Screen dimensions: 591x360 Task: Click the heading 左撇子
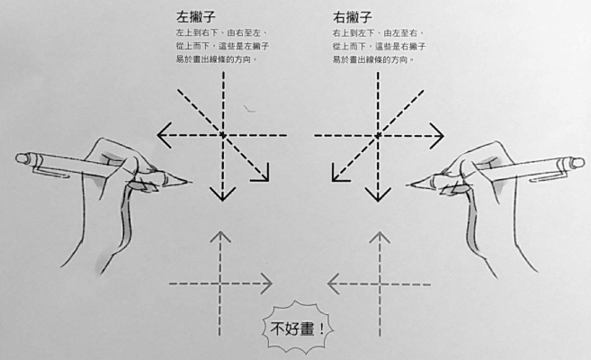coord(195,16)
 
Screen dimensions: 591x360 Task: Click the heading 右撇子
coord(353,16)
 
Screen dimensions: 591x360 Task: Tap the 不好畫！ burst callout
coord(298,328)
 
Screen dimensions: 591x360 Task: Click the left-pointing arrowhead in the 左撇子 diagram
coord(165,135)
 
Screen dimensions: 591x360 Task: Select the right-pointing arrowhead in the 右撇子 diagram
coord(436,136)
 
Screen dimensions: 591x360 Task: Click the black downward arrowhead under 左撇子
coord(223,194)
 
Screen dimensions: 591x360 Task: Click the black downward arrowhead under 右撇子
coord(378,194)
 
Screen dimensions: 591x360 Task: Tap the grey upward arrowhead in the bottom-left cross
coord(220,237)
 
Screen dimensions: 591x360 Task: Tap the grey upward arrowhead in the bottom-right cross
coord(380,237)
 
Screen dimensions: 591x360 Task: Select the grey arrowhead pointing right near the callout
coord(266,283)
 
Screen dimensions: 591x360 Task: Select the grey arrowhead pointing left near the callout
coord(333,283)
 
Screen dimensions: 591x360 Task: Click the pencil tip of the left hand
coord(188,183)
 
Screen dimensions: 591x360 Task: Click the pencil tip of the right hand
coord(410,184)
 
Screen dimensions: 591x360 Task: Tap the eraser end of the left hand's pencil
coord(22,157)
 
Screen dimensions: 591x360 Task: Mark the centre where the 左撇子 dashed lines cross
coord(223,135)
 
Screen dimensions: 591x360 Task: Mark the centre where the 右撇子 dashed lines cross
coord(378,136)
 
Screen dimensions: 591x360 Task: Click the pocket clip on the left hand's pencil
coord(51,172)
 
